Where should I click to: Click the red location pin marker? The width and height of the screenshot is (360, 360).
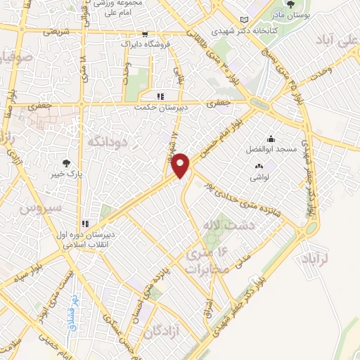(181, 165)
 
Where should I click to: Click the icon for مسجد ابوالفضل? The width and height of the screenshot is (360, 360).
(271, 139)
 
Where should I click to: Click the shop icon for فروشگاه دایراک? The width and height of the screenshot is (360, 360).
(144, 34)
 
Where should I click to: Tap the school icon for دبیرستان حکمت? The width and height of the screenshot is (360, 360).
(160, 96)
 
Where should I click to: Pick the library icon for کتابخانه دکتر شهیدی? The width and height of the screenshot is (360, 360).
(243, 20)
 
